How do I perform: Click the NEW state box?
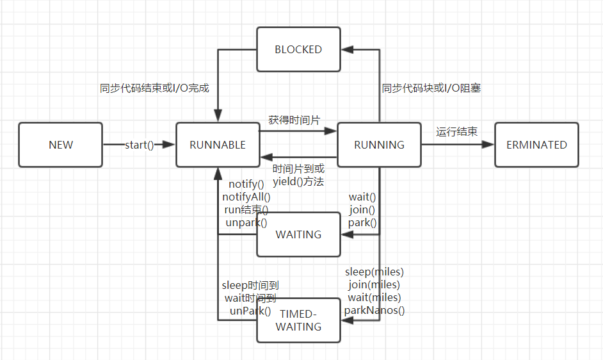click(61, 145)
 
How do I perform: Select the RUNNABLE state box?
click(218, 145)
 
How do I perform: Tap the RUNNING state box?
click(379, 145)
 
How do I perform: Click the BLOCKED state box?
click(298, 49)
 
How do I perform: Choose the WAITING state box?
click(298, 234)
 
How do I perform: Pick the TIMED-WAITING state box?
click(298, 320)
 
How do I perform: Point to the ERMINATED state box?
click(536, 145)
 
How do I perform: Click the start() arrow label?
click(140, 145)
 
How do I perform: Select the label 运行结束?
click(457, 132)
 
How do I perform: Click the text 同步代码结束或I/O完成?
click(154, 88)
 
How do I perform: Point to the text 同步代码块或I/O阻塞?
click(431, 88)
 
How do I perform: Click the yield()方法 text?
click(298, 182)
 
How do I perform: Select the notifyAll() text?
click(246, 197)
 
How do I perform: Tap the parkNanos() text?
click(374, 311)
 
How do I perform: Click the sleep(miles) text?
click(374, 272)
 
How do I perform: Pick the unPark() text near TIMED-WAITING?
click(250, 311)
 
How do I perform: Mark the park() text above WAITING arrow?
click(362, 223)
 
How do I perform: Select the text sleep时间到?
click(250, 286)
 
